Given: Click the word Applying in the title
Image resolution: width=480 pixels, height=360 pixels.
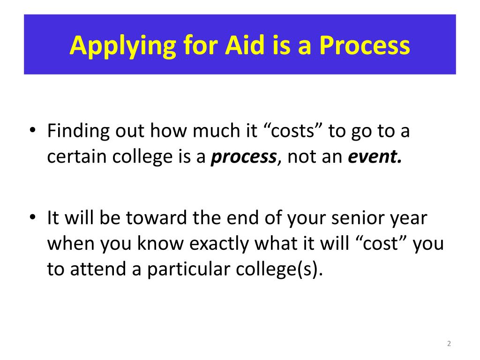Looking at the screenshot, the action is coord(122,46).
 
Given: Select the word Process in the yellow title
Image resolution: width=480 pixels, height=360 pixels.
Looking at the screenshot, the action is coord(365,45).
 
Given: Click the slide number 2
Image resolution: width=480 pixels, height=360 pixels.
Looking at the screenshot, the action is coord(449,344).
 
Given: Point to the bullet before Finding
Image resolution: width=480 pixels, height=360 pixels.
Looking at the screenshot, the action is coord(32,129).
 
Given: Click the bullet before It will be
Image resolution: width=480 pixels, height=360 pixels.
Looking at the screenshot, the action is coord(32,217).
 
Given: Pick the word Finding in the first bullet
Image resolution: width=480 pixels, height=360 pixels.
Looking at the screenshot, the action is coord(78,131).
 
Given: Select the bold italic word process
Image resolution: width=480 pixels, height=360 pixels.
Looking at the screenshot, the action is coord(244,157).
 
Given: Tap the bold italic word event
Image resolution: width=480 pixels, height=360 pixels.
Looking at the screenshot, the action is coord(375,157).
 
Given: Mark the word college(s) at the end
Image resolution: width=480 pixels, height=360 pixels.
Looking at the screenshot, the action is coord(279,270).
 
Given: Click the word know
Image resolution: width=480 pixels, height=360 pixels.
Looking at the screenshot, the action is coord(160,243).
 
